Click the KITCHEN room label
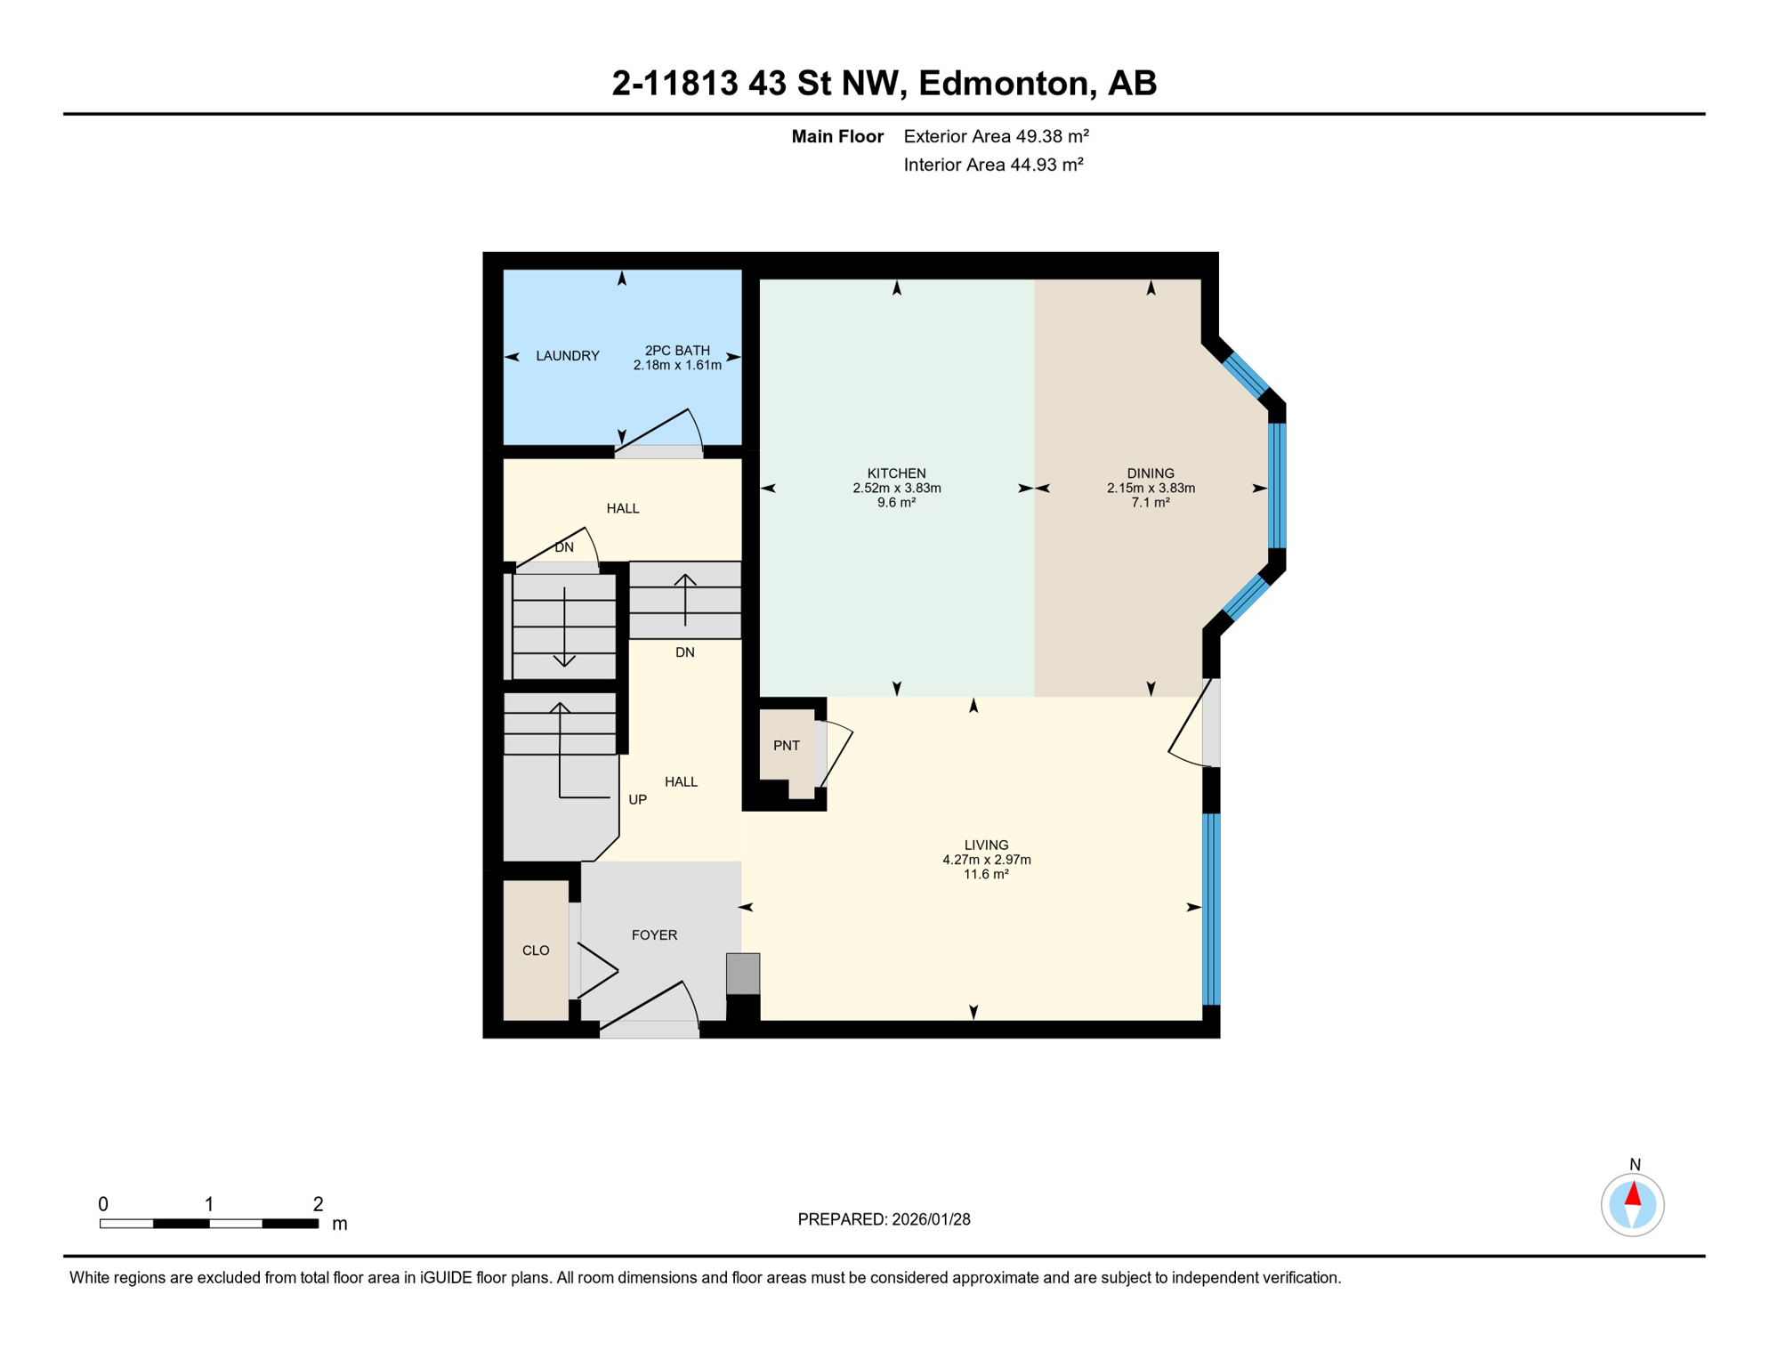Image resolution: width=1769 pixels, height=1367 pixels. point(896,473)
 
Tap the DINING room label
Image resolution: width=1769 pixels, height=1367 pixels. point(1150,473)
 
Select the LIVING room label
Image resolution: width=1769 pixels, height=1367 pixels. point(986,845)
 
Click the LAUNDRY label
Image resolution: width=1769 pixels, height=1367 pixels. point(567,356)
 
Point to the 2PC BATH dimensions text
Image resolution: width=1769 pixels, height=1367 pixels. point(676,365)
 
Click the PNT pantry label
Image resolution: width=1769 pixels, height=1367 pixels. point(786,746)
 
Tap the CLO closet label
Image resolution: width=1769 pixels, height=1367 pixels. point(535,950)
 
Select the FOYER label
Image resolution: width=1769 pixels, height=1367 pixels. point(654,934)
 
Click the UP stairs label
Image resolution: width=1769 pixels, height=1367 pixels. point(637,799)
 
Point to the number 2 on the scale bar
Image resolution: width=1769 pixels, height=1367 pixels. point(318,1204)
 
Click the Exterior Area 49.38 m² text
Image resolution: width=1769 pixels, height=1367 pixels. point(996,136)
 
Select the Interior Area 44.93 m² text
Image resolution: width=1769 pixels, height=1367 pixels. point(993,165)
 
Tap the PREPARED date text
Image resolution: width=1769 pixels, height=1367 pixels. point(884,1219)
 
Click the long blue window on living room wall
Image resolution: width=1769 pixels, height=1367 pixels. point(1211,908)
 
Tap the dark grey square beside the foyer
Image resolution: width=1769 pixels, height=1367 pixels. point(743,974)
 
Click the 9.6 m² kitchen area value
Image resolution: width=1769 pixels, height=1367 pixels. point(896,503)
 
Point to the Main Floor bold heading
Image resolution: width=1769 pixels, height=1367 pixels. point(836,136)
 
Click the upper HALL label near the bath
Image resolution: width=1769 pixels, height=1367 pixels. point(622,508)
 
